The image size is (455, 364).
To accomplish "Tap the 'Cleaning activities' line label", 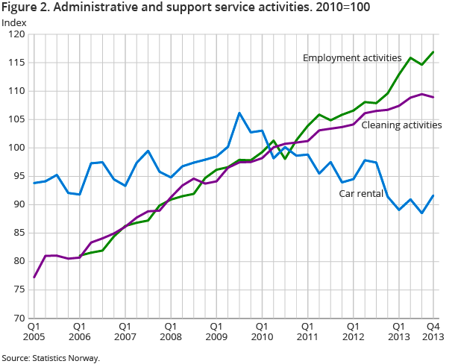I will point(401,125).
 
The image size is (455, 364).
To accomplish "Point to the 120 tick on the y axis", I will point(16,34).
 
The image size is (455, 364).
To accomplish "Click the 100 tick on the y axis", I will point(16,148).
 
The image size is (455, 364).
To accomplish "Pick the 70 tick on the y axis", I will point(19,318).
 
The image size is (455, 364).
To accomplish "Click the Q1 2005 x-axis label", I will point(34,331).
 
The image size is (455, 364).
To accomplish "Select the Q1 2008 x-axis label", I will point(170,331).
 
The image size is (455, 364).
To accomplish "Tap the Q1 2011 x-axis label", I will point(306,331).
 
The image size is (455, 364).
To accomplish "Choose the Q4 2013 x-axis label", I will point(432,331).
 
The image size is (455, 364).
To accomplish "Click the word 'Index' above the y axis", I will point(13,22).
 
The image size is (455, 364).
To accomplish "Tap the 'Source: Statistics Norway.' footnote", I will point(50,357).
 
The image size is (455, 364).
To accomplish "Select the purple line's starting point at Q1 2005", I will point(34,277).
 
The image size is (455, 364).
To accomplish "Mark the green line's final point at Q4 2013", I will point(433,52).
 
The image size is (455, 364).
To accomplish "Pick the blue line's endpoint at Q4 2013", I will point(433,195).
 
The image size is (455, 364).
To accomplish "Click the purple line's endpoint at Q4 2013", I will point(433,97).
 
